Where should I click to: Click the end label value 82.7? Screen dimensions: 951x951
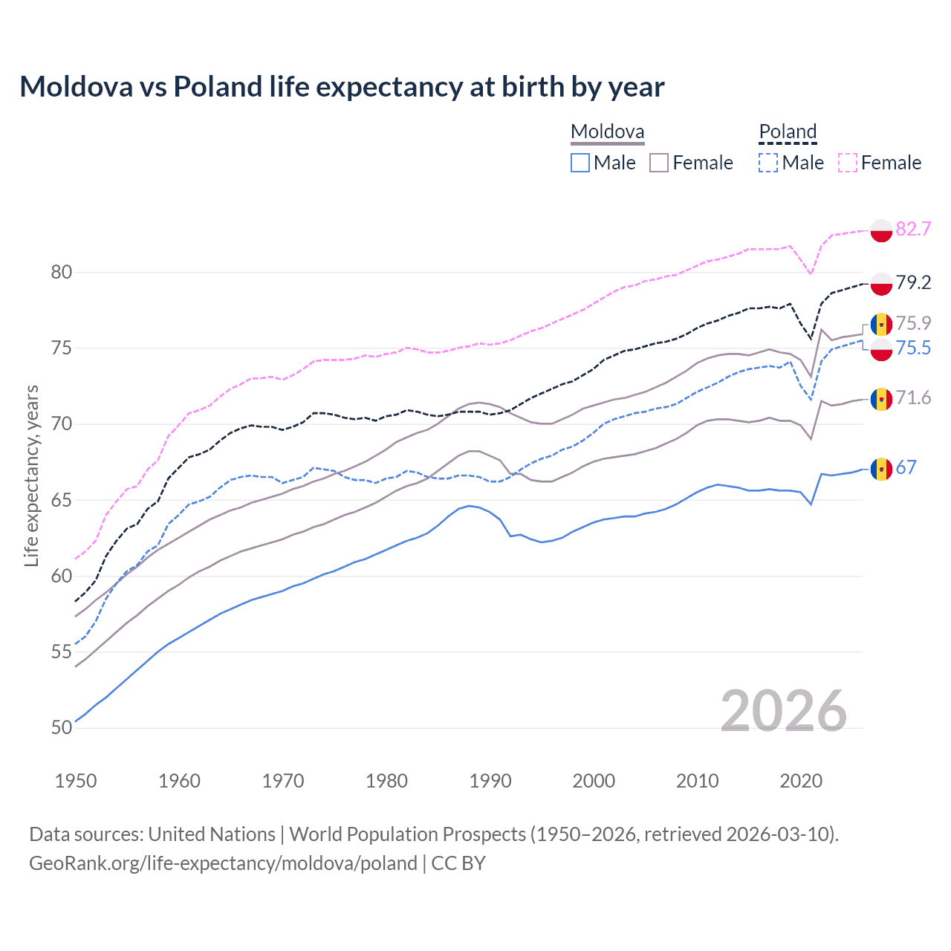click(913, 229)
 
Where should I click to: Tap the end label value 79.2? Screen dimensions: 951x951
click(913, 282)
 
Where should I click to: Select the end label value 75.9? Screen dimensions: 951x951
click(913, 323)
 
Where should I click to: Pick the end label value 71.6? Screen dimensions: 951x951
click(913, 398)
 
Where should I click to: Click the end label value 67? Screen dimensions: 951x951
click(906, 467)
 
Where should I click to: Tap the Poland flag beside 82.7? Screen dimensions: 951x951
click(881, 230)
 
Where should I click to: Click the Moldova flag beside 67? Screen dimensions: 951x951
click(881, 470)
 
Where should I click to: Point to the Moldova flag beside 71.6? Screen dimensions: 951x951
click(881, 400)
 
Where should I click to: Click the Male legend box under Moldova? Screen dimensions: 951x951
click(580, 163)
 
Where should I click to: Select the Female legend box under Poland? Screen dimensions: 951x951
click(848, 163)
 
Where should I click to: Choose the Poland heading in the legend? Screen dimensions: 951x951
click(788, 132)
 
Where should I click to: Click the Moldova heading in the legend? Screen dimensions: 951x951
click(607, 132)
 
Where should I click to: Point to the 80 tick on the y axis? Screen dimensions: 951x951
click(62, 273)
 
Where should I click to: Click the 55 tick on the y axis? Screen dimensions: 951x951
click(62, 652)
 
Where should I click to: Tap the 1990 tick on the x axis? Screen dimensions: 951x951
click(490, 781)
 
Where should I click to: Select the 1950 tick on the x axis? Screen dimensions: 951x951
click(76, 781)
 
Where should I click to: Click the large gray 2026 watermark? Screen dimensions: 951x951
click(784, 711)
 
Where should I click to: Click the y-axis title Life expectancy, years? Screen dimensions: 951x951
click(31, 475)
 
